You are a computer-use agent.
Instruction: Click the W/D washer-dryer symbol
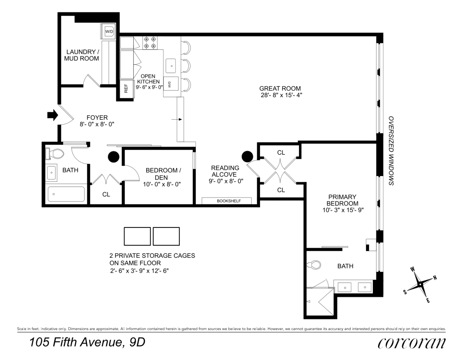(109, 32)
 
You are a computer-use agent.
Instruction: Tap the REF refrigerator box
(126, 89)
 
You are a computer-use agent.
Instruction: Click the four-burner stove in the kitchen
(150, 43)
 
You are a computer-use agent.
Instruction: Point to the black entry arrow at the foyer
(53, 115)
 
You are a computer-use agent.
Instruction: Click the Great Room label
(280, 89)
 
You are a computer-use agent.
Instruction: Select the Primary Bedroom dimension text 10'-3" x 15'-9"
(343, 210)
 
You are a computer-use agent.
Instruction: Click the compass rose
(420, 284)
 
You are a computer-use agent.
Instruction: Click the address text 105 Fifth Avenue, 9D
(87, 342)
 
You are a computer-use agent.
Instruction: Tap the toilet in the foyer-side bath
(55, 154)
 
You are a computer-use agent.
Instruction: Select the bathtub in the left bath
(66, 194)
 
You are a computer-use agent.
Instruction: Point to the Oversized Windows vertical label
(391, 150)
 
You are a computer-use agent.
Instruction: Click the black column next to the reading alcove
(247, 156)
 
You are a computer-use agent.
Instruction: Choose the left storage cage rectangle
(137, 236)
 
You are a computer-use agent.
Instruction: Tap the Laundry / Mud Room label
(81, 55)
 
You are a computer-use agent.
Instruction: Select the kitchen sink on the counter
(171, 66)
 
